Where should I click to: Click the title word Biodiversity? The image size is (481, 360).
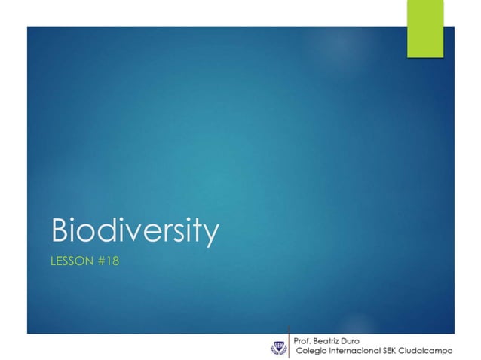click(134, 232)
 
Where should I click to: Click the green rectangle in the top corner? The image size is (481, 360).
click(425, 29)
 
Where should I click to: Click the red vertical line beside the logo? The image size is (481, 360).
click(290, 342)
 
